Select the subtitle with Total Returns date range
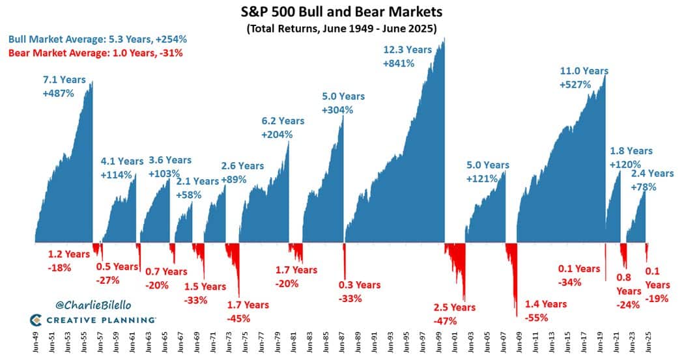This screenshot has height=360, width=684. (x=342, y=29)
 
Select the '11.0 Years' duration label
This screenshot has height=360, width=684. (x=584, y=71)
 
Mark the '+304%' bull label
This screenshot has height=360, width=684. (x=337, y=110)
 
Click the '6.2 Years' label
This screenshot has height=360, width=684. (x=282, y=121)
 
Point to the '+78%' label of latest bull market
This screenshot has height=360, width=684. (x=644, y=187)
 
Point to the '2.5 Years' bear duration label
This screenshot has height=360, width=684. (x=455, y=307)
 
